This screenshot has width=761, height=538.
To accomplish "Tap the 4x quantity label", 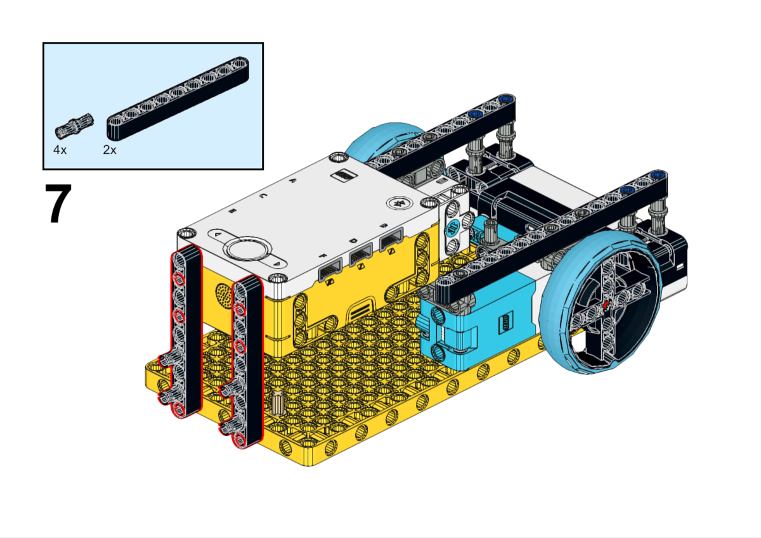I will click(60, 150).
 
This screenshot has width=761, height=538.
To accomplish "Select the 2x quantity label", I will click(110, 150).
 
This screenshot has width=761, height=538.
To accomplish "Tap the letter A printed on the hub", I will click(292, 180).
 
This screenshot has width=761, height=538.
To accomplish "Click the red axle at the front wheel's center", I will click(607, 305).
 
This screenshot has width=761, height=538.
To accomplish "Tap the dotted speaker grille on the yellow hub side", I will click(224, 294).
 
